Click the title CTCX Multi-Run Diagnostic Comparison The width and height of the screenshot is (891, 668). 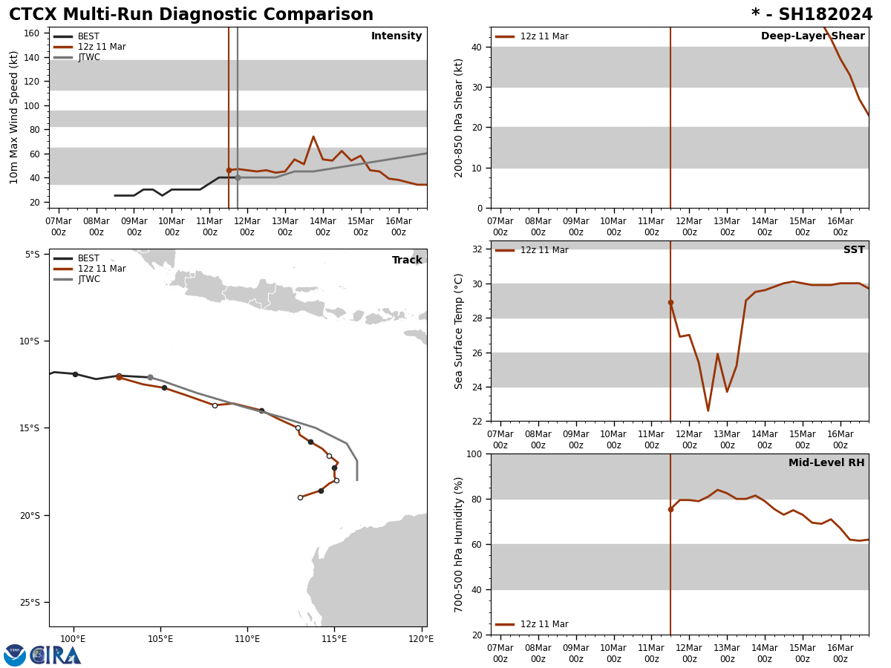(x=191, y=15)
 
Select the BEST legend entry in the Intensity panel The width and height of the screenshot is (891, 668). (x=88, y=36)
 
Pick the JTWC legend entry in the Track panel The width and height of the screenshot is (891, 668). (x=88, y=279)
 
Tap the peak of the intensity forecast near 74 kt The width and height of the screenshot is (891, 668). (x=313, y=137)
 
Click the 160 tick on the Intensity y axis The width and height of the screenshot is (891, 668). (x=32, y=33)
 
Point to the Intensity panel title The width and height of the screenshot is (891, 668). (x=396, y=36)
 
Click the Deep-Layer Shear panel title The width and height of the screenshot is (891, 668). (x=812, y=36)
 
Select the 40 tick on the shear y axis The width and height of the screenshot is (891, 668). (x=476, y=47)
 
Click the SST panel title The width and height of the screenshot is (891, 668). (x=854, y=250)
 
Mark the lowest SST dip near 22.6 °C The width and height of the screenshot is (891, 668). (x=708, y=410)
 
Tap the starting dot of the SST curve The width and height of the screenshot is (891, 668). (x=670, y=302)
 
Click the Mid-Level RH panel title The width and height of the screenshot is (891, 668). (x=826, y=463)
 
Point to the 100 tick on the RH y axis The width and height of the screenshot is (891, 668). (x=473, y=453)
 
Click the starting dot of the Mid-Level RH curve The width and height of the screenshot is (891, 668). (x=670, y=509)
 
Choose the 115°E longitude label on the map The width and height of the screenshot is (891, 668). (x=334, y=639)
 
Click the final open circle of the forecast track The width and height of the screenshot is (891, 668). (x=300, y=497)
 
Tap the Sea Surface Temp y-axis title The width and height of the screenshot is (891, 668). (x=459, y=331)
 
